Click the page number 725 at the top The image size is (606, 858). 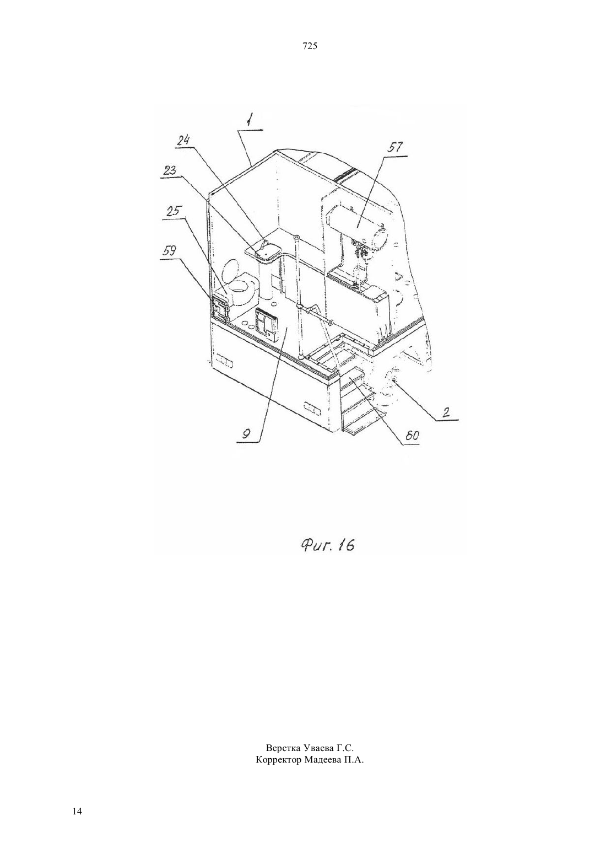pos(310,46)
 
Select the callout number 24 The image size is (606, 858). pos(183,140)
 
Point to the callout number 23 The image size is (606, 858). pos(169,169)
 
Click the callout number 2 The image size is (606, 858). pos(446,412)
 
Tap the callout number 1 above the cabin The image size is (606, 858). pos(249,122)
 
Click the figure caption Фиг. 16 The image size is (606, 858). pos(327,544)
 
